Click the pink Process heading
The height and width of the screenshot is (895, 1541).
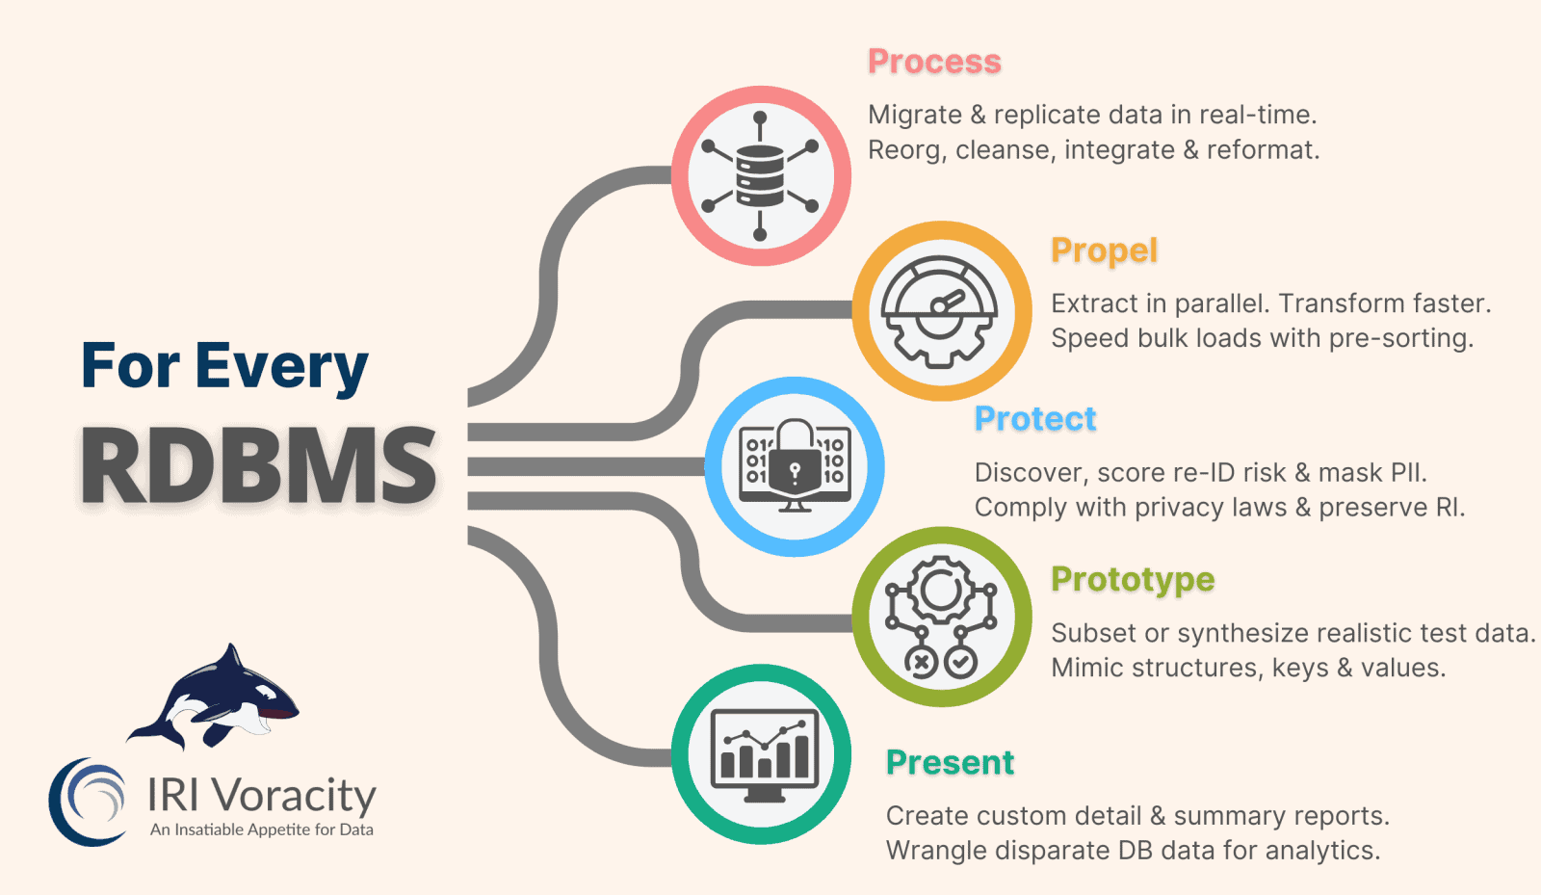point(934,62)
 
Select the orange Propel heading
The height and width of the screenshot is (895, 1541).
point(1104,250)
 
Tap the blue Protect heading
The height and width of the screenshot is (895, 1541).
point(1035,419)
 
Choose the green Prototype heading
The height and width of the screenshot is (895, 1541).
point(1133,579)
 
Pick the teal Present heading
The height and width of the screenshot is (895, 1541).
point(950,762)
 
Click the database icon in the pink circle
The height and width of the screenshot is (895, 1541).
point(760,175)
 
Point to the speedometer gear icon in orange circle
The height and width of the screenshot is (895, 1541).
point(941,311)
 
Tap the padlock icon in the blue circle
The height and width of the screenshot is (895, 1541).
point(795,465)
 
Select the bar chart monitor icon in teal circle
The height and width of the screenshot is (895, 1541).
point(764,755)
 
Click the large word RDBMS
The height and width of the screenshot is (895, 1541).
point(259,466)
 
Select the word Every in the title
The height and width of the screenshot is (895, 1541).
point(281,366)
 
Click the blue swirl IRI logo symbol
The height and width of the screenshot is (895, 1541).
point(88,802)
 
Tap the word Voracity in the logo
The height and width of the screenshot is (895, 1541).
point(294,796)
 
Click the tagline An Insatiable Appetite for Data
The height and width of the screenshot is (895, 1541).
point(261,829)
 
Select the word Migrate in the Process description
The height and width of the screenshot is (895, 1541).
point(915,116)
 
